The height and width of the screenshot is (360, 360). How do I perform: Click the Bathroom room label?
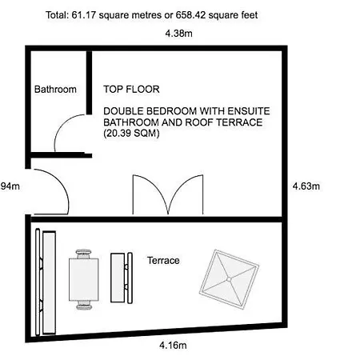(x=55, y=90)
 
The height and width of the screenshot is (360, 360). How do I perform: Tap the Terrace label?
(x=163, y=261)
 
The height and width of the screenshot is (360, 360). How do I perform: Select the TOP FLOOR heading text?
(x=131, y=89)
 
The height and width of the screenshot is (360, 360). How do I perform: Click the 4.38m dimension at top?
(x=178, y=34)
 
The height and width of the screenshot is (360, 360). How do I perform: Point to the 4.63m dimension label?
(x=306, y=186)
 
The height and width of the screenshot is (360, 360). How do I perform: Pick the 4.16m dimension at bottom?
(x=173, y=346)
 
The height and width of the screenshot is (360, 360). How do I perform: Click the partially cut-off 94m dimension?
(x=10, y=186)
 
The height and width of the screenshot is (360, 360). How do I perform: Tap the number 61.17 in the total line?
(x=83, y=15)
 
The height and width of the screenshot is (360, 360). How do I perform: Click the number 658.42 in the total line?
(x=190, y=15)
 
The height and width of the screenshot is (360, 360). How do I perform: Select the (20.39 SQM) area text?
(x=131, y=133)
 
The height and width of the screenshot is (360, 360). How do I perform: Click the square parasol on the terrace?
(x=229, y=279)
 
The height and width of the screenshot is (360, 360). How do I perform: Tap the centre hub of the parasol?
(x=229, y=279)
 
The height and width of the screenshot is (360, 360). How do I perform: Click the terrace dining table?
(x=84, y=279)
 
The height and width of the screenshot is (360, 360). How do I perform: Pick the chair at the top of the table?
(x=84, y=254)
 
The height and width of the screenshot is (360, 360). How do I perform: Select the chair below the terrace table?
(x=84, y=305)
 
